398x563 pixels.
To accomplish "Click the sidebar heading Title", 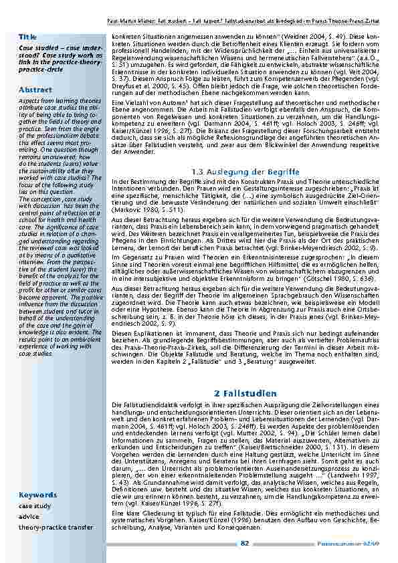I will coord(28,35).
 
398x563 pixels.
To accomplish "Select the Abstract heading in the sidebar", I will coord(36,89).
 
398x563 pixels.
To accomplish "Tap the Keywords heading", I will coord(38,495).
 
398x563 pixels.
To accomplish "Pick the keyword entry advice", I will coord(29,517).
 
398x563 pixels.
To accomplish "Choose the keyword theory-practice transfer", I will coord(56,528).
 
